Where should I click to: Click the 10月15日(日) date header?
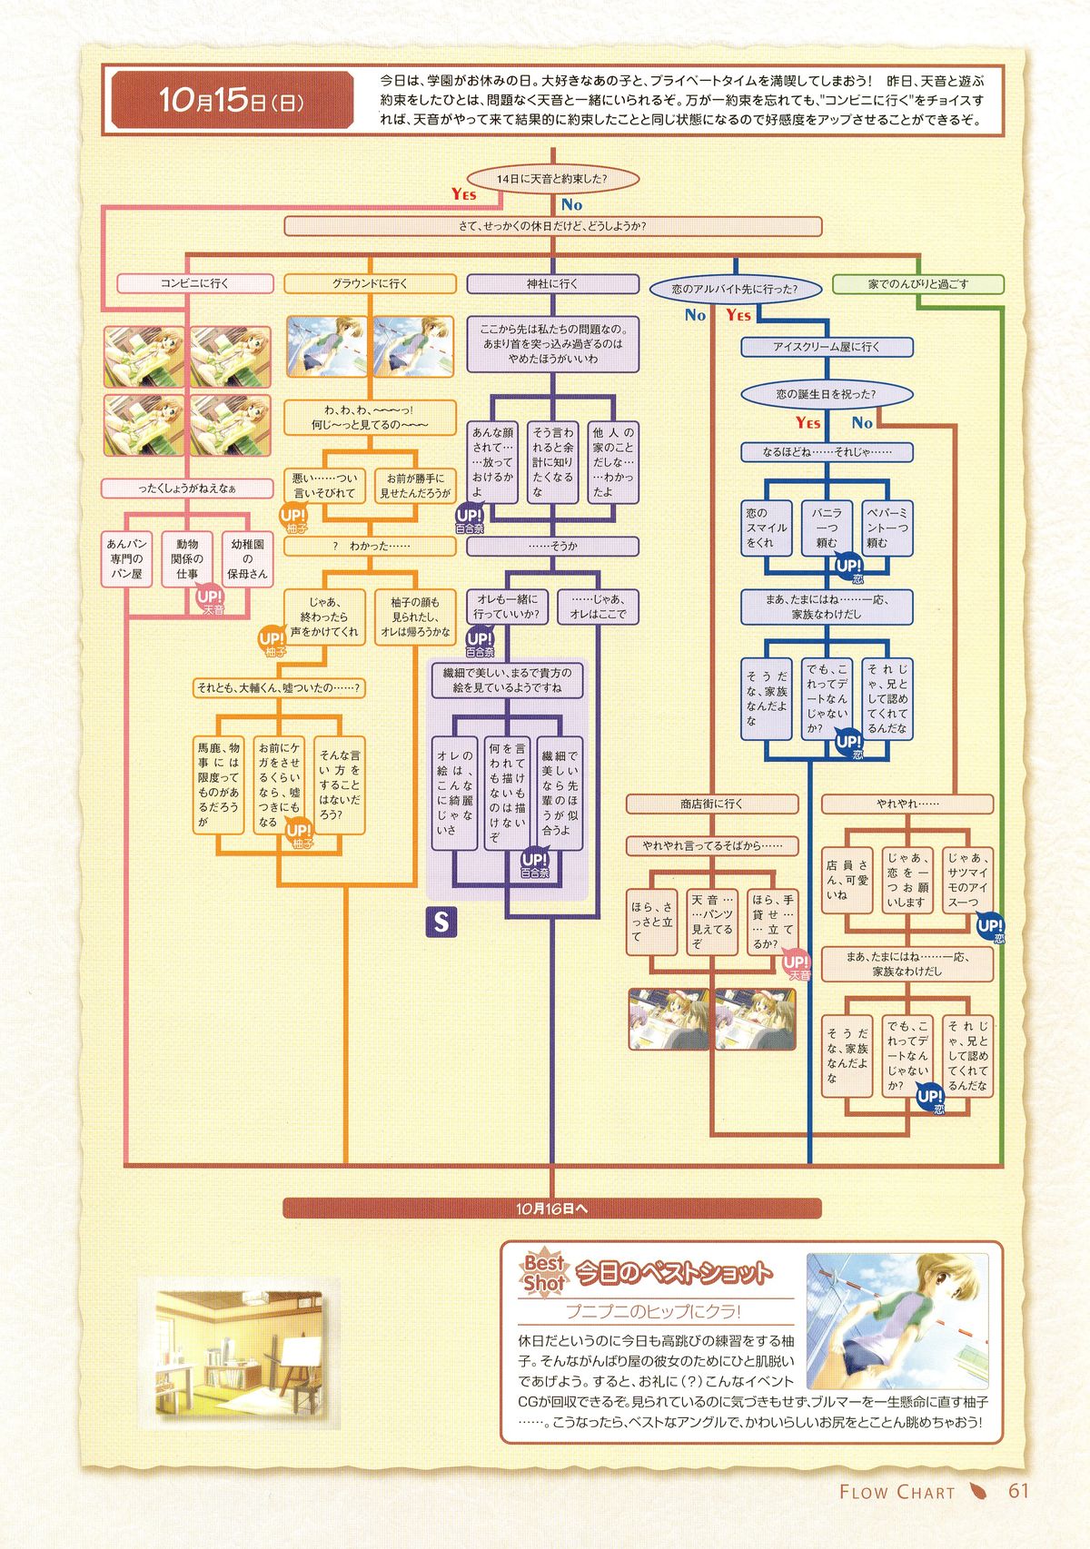[x=232, y=100]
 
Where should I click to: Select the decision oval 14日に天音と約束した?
[x=551, y=179]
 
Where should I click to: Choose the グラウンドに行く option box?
[x=370, y=283]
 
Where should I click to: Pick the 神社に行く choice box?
[x=552, y=283]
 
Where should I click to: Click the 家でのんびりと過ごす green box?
[x=917, y=284]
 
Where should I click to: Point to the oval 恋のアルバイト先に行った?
[x=734, y=290]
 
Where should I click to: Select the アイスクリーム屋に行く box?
[x=827, y=347]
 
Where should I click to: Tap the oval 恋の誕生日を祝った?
[x=826, y=395]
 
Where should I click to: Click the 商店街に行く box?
[x=711, y=804]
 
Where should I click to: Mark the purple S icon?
[x=441, y=922]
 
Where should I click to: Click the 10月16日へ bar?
[x=551, y=1209]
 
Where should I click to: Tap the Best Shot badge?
[x=544, y=1272]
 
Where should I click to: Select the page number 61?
[x=1018, y=1491]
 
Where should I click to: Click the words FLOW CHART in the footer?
[x=897, y=1492]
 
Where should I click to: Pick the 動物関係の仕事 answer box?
[x=187, y=559]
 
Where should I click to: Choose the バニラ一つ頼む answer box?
[x=826, y=528]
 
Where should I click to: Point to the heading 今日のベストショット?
[x=674, y=1273]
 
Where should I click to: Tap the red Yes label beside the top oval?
[x=463, y=193]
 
